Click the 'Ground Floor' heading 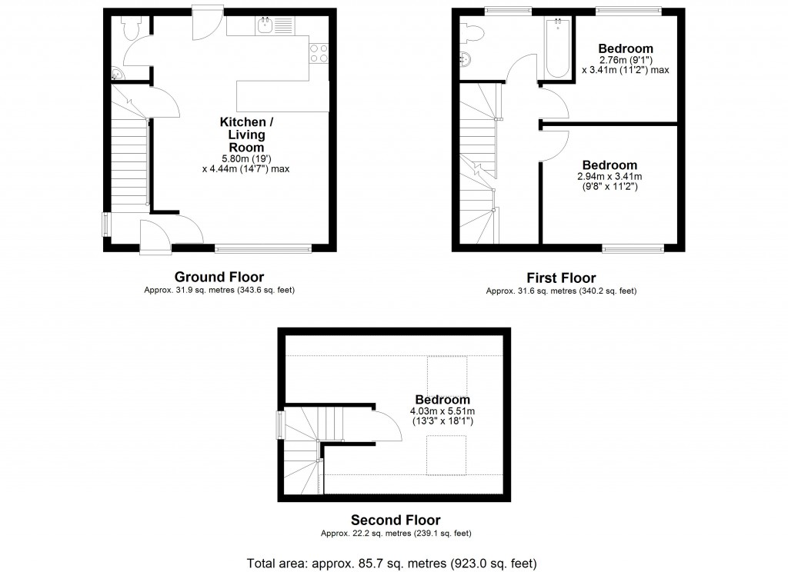coord(219,277)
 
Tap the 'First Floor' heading coord(561,278)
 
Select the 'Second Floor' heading coord(396,520)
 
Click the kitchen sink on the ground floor coord(265,25)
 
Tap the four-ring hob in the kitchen coord(319,52)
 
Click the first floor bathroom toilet coord(472,31)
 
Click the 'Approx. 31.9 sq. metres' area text coord(219,291)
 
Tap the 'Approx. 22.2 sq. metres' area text coord(396,534)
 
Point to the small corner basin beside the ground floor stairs coord(116,74)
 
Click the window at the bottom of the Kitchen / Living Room coord(263,248)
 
